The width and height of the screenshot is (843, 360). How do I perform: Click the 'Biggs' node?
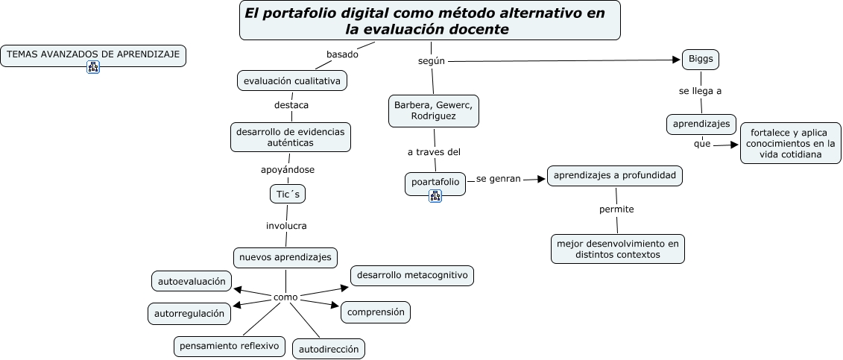tap(701, 60)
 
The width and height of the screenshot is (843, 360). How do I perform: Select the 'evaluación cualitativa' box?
tap(291, 80)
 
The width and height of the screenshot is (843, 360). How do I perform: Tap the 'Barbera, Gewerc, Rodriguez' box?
tap(434, 110)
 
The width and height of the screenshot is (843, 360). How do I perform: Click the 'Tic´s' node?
tap(287, 194)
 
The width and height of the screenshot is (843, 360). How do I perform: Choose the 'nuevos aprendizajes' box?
tap(285, 257)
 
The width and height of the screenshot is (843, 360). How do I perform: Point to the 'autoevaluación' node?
tap(191, 281)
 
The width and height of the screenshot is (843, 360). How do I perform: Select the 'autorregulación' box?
tap(189, 314)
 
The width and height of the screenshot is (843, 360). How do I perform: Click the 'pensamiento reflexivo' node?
tap(230, 346)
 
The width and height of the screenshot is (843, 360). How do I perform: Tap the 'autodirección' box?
tap(329, 349)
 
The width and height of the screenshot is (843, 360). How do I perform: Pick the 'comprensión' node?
tap(376, 312)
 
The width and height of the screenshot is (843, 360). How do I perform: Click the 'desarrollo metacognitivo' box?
tap(412, 275)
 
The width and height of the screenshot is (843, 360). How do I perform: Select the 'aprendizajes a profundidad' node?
tap(615, 175)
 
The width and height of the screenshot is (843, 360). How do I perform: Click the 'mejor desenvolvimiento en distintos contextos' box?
tap(618, 249)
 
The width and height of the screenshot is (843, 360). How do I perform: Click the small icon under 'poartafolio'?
tap(435, 196)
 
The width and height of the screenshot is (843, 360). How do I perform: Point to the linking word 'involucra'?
tap(287, 225)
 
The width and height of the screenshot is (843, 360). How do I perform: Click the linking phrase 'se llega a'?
tap(700, 91)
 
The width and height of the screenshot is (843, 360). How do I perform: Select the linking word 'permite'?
tap(616, 209)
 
